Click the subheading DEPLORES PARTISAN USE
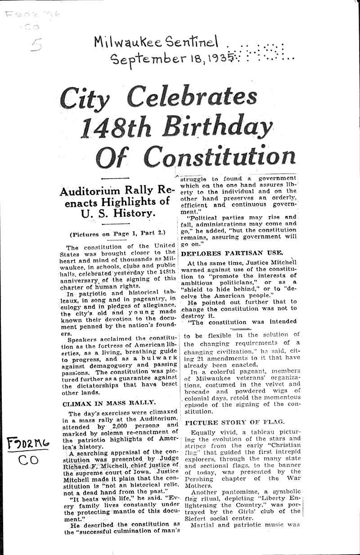pos(232,253)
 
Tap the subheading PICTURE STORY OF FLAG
pos(234,422)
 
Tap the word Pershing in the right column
pos(198,478)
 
